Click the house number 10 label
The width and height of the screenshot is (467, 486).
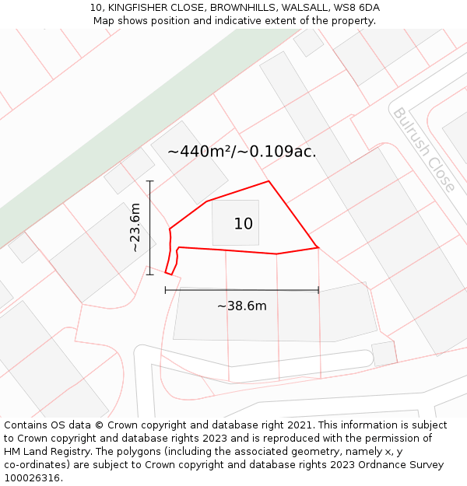pyautogui.click(x=244, y=224)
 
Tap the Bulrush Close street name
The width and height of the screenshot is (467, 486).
pyautogui.click(x=423, y=149)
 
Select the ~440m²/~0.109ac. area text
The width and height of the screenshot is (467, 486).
pyautogui.click(x=242, y=152)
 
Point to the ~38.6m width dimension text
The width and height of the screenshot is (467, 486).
pyautogui.click(x=241, y=306)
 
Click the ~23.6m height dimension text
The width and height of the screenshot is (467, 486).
pyautogui.click(x=135, y=227)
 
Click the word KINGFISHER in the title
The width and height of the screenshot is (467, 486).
pyautogui.click(x=138, y=8)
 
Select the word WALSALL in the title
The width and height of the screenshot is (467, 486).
pyautogui.click(x=303, y=8)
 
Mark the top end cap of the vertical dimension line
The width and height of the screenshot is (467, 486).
pyautogui.click(x=149, y=181)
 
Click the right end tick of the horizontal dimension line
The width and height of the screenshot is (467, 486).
pyautogui.click(x=318, y=290)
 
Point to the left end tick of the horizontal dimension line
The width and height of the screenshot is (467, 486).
pyautogui.click(x=166, y=290)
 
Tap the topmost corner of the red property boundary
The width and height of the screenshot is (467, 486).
pyautogui.click(x=269, y=181)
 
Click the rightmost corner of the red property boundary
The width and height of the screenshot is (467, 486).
pyautogui.click(x=318, y=247)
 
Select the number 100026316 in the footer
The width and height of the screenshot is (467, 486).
pyautogui.click(x=32, y=478)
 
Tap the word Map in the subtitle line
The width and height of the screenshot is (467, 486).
pyautogui.click(x=104, y=21)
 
